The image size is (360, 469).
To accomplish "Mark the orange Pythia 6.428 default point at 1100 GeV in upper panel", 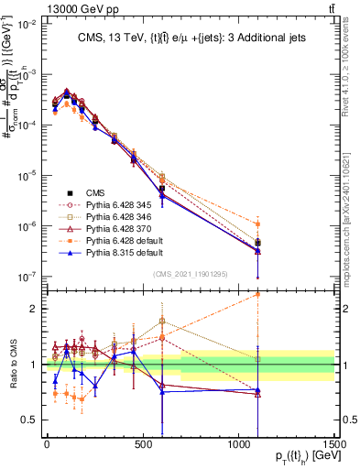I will [x=258, y=224].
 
